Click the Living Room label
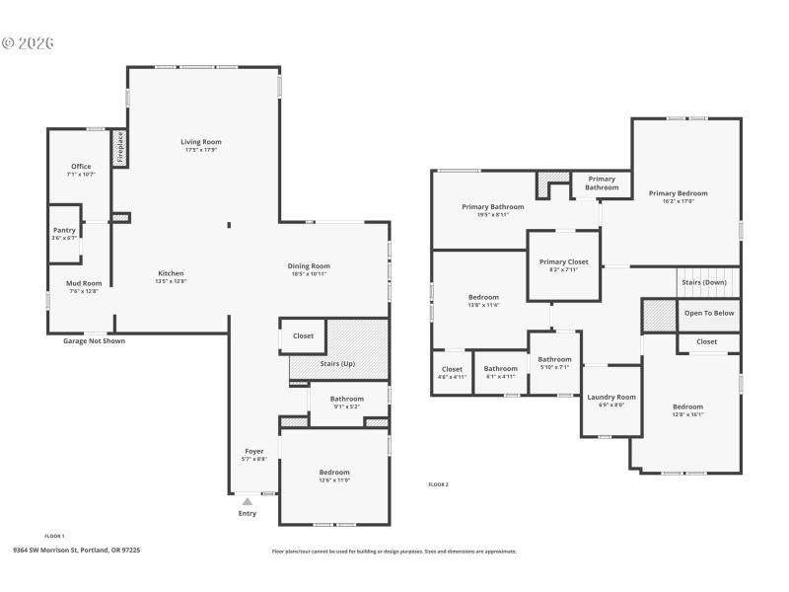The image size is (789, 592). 200,142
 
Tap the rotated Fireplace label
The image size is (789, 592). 120,147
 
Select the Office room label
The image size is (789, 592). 81,167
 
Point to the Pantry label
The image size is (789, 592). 64,230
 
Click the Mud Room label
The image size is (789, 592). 84,283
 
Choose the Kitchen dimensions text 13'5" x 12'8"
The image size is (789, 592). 171,281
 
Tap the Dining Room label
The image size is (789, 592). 309,265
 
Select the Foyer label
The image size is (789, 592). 253,451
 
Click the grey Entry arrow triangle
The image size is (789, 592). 248,501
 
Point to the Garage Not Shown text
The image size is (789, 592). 94,340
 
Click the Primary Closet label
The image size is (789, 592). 564,261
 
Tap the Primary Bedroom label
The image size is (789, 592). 678,193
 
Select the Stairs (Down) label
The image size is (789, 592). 704,282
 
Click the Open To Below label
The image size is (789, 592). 709,313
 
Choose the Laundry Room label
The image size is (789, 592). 611,397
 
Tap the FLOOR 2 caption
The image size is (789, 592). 438,484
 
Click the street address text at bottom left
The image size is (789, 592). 76,550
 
